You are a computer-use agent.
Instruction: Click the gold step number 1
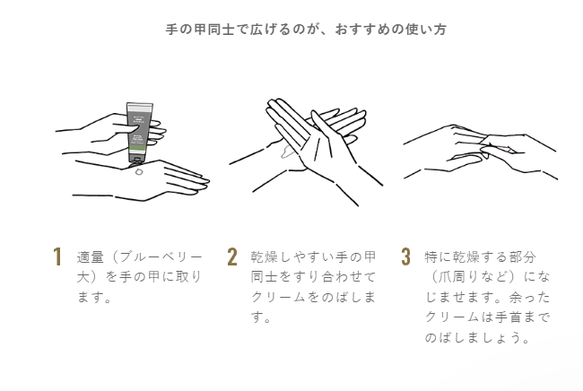click(57, 256)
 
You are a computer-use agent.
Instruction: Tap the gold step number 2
click(232, 256)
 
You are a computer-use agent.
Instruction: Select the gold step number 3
click(405, 256)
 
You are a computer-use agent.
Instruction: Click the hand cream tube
click(140, 133)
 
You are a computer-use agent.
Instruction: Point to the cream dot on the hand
click(139, 171)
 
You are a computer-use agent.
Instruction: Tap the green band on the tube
click(139, 150)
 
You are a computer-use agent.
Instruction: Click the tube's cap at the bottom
click(136, 161)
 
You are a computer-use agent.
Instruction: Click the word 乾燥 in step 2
click(264, 256)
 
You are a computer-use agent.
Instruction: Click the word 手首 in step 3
click(509, 317)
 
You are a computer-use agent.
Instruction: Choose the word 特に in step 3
click(438, 256)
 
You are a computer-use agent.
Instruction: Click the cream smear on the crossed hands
click(287, 152)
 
